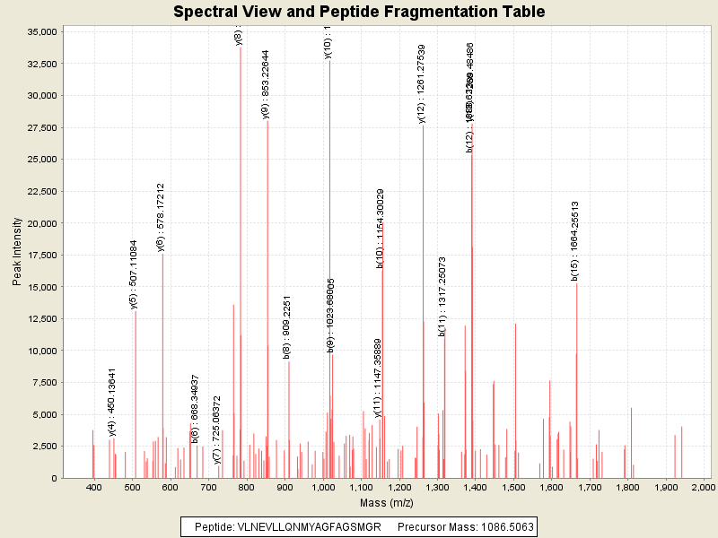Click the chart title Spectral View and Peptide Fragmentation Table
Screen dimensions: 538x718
(x=359, y=12)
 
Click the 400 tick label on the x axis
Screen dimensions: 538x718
(x=94, y=487)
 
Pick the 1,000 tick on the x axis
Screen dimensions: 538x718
(x=322, y=487)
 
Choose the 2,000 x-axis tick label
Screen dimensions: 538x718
(x=704, y=487)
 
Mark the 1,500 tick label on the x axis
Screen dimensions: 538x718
(x=512, y=487)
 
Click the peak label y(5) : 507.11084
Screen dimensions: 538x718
(x=133, y=274)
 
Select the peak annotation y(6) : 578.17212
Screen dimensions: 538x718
(x=161, y=218)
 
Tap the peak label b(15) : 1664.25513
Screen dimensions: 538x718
(x=574, y=241)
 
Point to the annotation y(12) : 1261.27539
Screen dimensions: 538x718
(x=421, y=83)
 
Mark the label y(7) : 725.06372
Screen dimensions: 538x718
(x=217, y=430)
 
